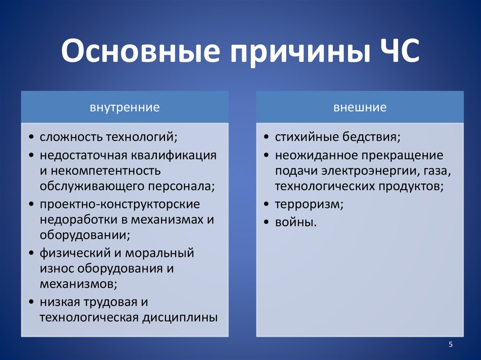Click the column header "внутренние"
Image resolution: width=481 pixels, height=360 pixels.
124,107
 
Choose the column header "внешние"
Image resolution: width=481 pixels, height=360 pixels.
360,107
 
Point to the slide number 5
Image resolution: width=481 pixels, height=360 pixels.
450,345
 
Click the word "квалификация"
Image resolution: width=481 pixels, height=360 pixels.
174,156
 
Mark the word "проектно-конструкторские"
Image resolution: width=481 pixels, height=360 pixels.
120,205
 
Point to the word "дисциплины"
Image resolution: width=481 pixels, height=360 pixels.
180,318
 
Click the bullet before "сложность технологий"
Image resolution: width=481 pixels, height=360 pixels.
31,137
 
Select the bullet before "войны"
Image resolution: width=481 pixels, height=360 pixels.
266,222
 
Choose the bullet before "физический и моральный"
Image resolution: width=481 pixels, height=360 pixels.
31,253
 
